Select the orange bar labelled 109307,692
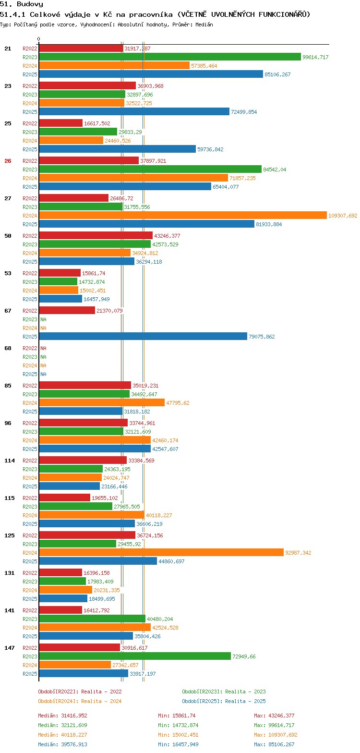pos(182,216)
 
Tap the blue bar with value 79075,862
pos(143,337)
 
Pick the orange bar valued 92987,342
pos(161,553)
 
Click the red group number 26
pos(8,161)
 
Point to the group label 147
pos(10,648)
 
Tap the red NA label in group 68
pos(43,348)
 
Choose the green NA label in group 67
pos(43,319)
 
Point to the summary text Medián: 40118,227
pos(62,735)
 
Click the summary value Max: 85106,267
pos(274,744)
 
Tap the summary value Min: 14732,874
pos(178,725)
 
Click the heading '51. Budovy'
pos(22,4)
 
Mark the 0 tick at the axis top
pos(39,39)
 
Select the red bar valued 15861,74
pos(60,273)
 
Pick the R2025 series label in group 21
pos(30,74)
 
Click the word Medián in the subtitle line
pos(204,24)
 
